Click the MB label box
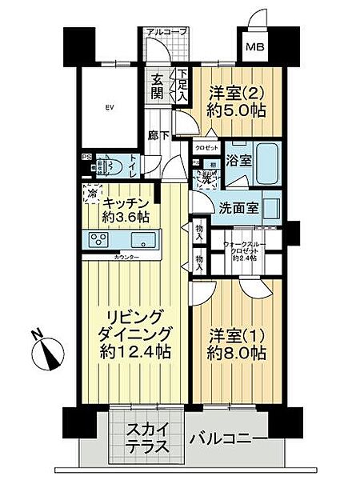254,47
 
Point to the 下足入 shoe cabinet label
182,84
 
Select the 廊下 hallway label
159,136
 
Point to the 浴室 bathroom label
238,159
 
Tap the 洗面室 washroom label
238,207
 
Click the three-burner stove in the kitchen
101,240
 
